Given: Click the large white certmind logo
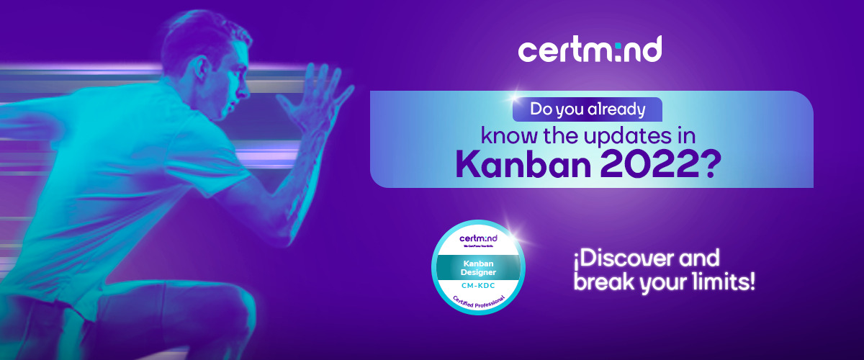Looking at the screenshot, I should [590, 50].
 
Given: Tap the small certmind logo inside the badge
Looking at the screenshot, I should [478, 238].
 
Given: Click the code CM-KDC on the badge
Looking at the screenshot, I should [478, 286].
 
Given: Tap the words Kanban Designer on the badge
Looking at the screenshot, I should [478, 267].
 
